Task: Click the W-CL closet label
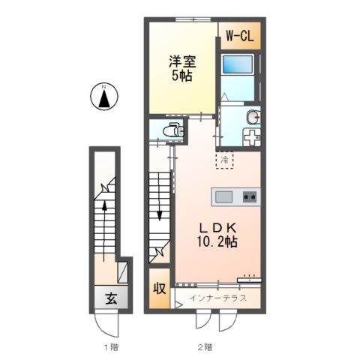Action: [240, 36]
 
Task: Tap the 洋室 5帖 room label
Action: [182, 68]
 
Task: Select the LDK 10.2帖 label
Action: [217, 235]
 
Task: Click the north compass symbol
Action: [104, 97]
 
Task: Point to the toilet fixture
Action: [173, 130]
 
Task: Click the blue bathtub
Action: [238, 64]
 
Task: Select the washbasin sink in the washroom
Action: [253, 117]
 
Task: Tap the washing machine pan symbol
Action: [252, 137]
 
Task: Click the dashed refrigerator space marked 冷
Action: [224, 160]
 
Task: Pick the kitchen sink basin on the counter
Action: [224, 196]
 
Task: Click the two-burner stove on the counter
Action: [250, 196]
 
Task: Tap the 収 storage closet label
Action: [160, 289]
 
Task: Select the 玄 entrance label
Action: [111, 298]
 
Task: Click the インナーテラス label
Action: [218, 298]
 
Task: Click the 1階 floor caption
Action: [111, 347]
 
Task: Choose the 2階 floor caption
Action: [205, 347]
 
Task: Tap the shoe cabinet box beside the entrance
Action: [123, 272]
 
